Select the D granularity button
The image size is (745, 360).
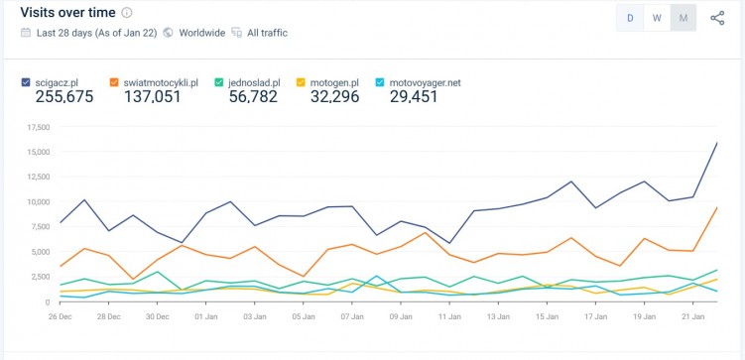tap(630, 18)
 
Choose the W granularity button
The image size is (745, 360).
tap(657, 18)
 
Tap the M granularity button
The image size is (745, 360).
tap(683, 18)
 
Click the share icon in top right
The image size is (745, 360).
tap(717, 18)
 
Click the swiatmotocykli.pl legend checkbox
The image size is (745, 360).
tap(115, 82)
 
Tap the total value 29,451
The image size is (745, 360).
tap(414, 96)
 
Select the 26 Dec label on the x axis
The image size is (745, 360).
tap(61, 317)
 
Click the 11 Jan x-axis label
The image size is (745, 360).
tap(450, 317)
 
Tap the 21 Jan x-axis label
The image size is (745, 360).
tap(693, 317)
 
